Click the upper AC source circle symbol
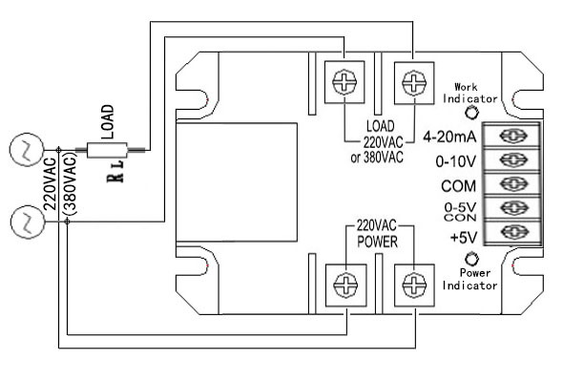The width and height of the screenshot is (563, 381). tap(22, 150)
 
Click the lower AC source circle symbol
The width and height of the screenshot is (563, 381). tap(22, 222)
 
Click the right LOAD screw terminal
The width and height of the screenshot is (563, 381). tap(411, 83)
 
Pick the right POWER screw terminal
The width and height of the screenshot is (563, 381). tap(411, 284)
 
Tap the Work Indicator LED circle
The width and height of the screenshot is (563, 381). tap(472, 112)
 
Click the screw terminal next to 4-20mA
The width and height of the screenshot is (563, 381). tap(513, 135)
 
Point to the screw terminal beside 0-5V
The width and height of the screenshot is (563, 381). tap(513, 207)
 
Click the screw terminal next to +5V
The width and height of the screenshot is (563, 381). tap(513, 232)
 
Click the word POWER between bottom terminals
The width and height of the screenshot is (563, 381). tap(376, 241)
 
